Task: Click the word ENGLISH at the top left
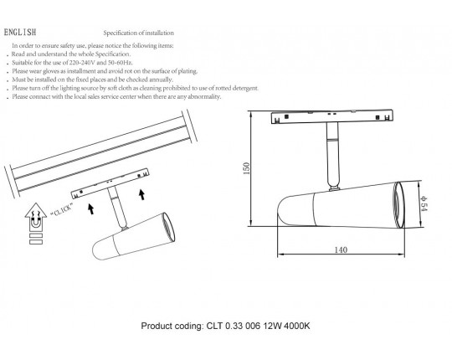[20, 32]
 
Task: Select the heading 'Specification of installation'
[139, 33]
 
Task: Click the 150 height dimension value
[246, 168]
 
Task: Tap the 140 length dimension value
[341, 249]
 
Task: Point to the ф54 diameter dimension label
[424, 203]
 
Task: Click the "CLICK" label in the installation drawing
[62, 209]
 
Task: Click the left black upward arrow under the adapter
[90, 208]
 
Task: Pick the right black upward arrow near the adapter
[141, 194]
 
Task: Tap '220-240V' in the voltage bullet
[82, 63]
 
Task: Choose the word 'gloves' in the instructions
[51, 71]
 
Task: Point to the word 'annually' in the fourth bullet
[161, 80]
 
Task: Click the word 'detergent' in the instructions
[245, 88]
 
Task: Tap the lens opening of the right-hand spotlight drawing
[400, 205]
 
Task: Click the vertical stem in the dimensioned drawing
[333, 155]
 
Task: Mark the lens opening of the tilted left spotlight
[168, 227]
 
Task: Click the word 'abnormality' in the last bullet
[204, 97]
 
